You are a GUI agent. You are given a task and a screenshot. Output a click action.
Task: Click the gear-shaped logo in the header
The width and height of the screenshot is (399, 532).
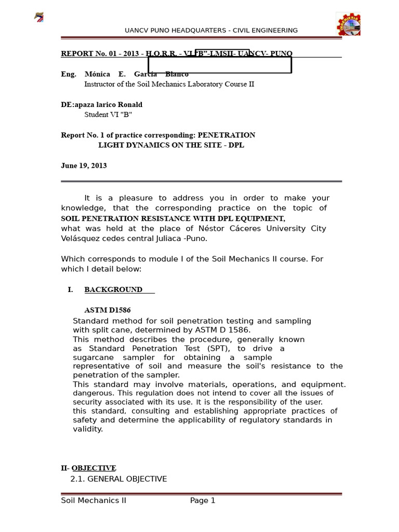348,24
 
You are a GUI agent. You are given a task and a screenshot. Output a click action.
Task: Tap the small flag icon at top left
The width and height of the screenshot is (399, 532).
39,18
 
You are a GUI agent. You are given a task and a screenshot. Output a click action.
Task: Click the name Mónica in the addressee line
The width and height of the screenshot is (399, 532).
97,74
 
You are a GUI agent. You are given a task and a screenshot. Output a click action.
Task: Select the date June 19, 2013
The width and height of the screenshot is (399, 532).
84,166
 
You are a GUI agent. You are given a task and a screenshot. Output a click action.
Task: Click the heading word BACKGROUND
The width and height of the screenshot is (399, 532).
113,290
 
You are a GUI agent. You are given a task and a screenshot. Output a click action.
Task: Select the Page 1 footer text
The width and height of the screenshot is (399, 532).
203,501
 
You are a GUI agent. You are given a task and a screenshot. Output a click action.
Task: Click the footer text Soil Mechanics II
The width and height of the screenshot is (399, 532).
94,501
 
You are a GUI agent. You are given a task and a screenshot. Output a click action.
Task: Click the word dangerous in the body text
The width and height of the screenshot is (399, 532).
93,393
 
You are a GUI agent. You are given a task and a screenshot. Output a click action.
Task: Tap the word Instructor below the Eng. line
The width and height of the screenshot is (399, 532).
102,84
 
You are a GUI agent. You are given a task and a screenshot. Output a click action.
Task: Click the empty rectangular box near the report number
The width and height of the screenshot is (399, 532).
220,65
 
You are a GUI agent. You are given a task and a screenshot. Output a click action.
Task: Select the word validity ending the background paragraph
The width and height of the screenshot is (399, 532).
88,429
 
